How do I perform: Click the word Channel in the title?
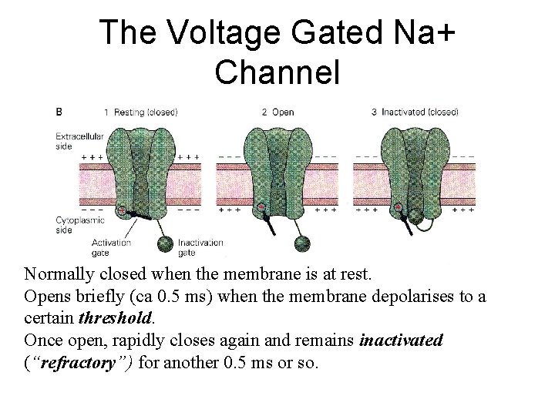coord(277,72)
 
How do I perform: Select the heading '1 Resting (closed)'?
coord(143,112)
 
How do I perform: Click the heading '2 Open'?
coord(278,112)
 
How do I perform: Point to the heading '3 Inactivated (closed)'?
coord(415,112)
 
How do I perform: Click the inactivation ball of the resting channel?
coord(164,244)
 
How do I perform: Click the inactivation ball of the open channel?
coord(300,243)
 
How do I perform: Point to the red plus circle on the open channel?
coord(261,208)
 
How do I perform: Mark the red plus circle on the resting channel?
coord(122,209)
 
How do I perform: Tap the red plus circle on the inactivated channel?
coord(398,208)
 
